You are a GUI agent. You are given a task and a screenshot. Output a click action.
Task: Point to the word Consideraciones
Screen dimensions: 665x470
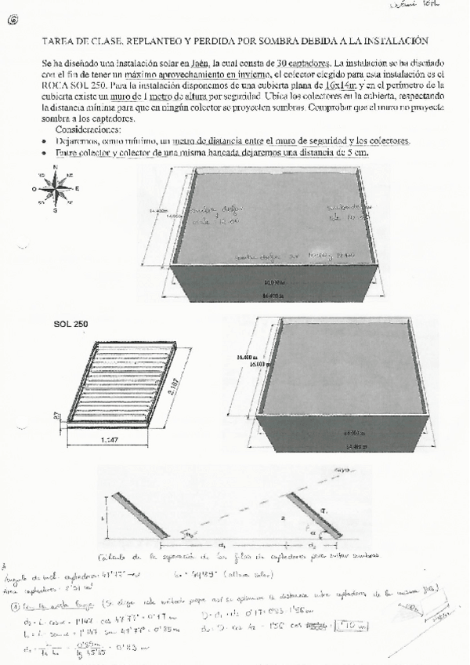click(89, 129)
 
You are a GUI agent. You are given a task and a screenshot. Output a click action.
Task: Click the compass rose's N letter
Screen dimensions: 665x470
click(56, 167)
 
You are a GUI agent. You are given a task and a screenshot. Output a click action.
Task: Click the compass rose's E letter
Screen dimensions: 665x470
click(76, 188)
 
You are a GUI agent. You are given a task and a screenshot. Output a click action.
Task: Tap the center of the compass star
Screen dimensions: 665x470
click(56, 188)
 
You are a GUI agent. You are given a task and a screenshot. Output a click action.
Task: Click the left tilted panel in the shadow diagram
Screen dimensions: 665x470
click(136, 515)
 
